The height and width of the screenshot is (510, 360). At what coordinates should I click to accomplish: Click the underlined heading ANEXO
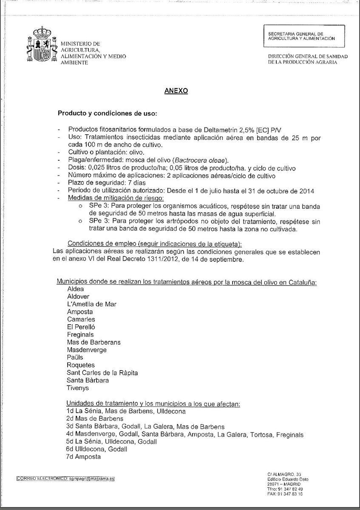[176, 91]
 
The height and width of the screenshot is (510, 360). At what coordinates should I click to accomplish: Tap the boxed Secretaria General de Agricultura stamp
[304, 36]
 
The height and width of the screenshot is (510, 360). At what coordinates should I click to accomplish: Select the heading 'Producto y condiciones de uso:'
[108, 113]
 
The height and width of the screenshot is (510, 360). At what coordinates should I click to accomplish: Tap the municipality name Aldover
[78, 296]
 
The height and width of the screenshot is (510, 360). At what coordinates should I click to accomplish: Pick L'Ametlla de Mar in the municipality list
[91, 304]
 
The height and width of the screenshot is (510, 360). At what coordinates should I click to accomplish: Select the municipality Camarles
[81, 319]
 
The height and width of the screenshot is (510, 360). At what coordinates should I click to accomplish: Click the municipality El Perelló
[81, 327]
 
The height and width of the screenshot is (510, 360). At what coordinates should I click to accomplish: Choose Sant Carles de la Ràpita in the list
[102, 373]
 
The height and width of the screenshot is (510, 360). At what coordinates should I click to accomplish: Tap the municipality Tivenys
[78, 388]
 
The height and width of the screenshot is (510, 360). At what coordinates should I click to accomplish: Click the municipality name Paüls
[75, 357]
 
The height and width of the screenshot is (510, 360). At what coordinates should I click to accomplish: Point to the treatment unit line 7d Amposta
[83, 457]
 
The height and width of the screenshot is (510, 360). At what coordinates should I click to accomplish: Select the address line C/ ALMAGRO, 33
[284, 474]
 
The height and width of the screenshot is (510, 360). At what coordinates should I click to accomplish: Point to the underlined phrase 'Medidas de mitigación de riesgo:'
[116, 198]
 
